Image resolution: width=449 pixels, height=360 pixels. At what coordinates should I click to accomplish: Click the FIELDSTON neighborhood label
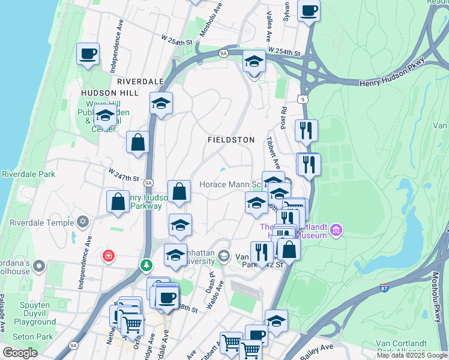tap(232, 139)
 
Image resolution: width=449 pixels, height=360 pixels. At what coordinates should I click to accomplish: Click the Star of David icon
tap(83, 222)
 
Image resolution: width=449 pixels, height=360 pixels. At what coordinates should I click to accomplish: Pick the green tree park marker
tap(146, 264)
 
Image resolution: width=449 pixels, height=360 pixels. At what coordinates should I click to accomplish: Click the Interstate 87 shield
tap(385, 288)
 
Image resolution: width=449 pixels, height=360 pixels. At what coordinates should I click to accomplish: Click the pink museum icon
tap(336, 229)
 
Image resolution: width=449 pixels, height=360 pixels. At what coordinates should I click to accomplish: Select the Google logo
tap(20, 353)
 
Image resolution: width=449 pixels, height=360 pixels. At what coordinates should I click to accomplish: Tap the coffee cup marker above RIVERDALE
tap(88, 54)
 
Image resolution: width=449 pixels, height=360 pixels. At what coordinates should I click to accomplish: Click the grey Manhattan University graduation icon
tap(224, 257)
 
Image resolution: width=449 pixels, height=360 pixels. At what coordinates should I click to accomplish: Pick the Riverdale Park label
tap(28, 175)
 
